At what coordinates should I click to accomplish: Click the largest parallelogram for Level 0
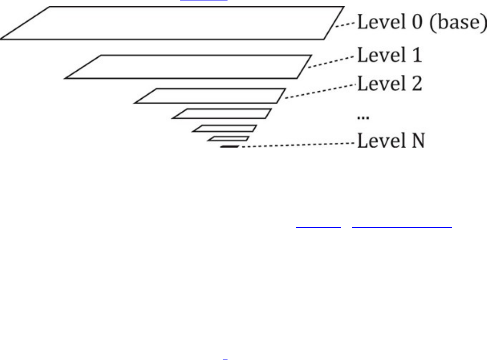tap(172, 23)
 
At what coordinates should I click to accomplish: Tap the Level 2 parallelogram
tap(210, 95)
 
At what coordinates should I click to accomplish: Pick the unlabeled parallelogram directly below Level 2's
tap(222, 114)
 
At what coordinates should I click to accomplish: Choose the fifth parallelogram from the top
tap(225, 128)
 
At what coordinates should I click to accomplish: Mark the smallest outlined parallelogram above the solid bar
tap(228, 138)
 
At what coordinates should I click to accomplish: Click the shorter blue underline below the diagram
tap(315, 226)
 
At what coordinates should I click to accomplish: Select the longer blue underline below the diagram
tap(402, 226)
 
